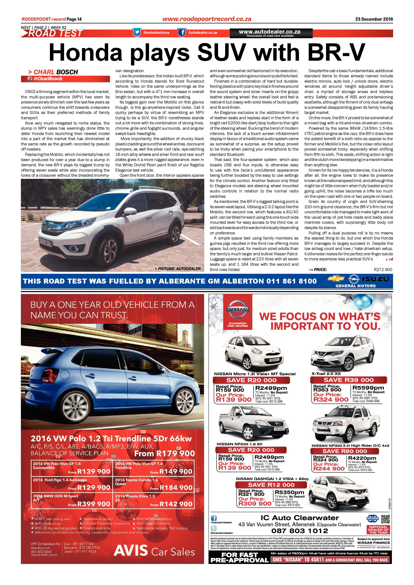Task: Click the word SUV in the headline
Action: [222, 52]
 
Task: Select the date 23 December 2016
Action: [374, 19]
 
